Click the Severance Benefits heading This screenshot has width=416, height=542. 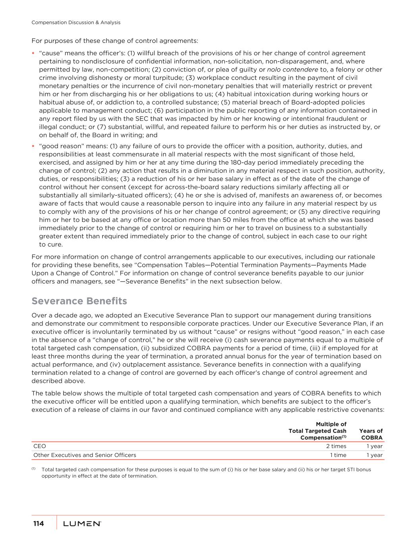click(79, 301)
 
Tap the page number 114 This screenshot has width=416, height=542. click(39, 524)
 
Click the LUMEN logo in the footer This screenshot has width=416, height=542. click(82, 524)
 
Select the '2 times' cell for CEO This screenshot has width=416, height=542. click(336, 446)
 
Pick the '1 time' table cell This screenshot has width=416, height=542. click(338, 455)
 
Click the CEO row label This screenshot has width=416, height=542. click(40, 446)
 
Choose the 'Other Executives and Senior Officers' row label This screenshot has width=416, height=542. click(85, 455)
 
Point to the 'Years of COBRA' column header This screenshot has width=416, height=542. click(371, 434)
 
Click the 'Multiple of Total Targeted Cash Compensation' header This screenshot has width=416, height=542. click(318, 431)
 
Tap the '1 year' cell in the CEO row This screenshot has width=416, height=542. click(374, 446)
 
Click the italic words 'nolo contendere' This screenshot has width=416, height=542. click(295, 69)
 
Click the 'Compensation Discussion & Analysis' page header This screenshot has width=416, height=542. click(76, 23)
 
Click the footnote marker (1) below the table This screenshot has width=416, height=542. click(33, 469)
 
